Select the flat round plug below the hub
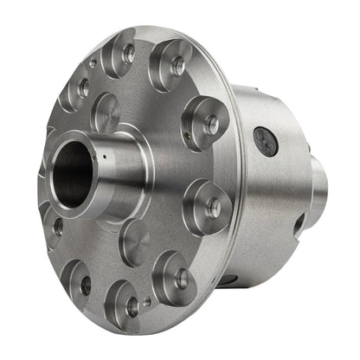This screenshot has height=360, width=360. click(x=134, y=241)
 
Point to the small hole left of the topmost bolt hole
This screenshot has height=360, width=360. click(x=93, y=63)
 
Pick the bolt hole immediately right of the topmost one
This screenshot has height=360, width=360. click(x=177, y=67)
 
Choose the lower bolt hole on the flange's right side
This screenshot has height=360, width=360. click(x=213, y=209)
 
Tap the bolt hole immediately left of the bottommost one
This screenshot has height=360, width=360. click(x=85, y=284)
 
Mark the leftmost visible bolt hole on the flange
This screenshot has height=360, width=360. click(x=57, y=228)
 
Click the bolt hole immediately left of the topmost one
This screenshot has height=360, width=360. click(x=84, y=87)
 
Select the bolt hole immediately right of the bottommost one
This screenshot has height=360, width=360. click(x=180, y=279)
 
